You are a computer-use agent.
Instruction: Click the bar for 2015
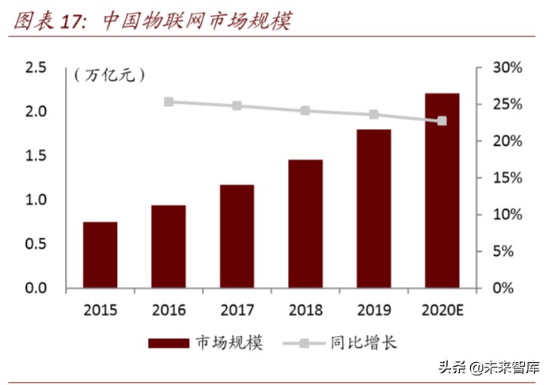101,255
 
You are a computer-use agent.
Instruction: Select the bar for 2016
169,246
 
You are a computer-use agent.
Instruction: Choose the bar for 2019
374,208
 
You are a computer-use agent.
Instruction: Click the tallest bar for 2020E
442,190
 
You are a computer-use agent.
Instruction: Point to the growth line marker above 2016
169,102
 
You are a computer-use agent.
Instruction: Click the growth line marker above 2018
305,111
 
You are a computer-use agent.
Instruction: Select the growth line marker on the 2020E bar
442,121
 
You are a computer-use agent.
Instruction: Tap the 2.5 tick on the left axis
36,68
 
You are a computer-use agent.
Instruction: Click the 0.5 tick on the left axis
36,244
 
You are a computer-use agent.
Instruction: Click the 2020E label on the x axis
442,310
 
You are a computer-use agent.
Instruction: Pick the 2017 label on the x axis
237,310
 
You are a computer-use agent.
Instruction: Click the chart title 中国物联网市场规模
197,21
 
